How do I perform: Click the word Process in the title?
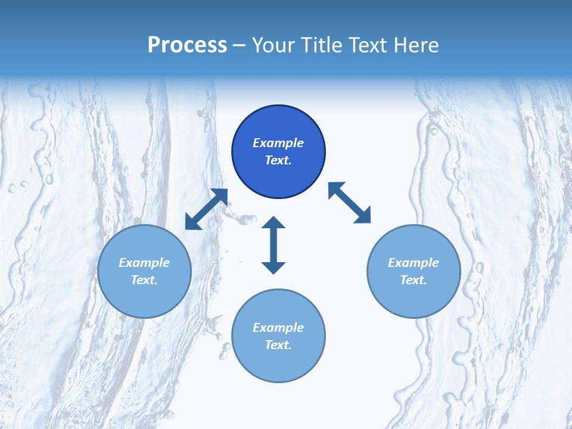click(187, 45)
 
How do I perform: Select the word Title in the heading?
click(322, 45)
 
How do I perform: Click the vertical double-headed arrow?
click(273, 245)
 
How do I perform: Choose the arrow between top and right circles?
click(349, 203)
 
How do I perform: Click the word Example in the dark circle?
click(278, 143)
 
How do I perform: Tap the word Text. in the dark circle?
click(278, 160)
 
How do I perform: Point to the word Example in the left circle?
click(144, 263)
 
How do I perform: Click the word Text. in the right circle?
click(414, 280)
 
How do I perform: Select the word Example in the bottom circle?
click(278, 328)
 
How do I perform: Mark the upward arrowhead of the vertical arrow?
click(273, 223)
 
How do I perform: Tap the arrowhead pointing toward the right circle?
click(363, 216)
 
